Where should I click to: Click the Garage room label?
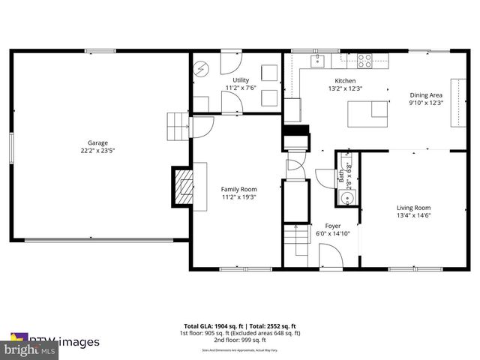pos(97,142)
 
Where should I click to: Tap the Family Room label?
pos(238,189)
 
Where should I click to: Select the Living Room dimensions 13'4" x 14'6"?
pos(413,216)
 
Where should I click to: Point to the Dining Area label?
pos(426,94)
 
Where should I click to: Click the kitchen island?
pos(367,114)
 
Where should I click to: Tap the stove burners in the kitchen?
pos(365,58)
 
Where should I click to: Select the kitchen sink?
pos(318,58)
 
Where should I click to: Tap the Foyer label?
pos(332,225)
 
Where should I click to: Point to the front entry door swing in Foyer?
pos(330,255)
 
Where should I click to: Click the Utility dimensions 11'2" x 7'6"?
pos(241,88)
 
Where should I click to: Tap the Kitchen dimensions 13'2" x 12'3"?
pos(345,88)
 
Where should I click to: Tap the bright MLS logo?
pos(30,349)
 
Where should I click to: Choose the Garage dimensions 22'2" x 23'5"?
pos(97,151)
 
